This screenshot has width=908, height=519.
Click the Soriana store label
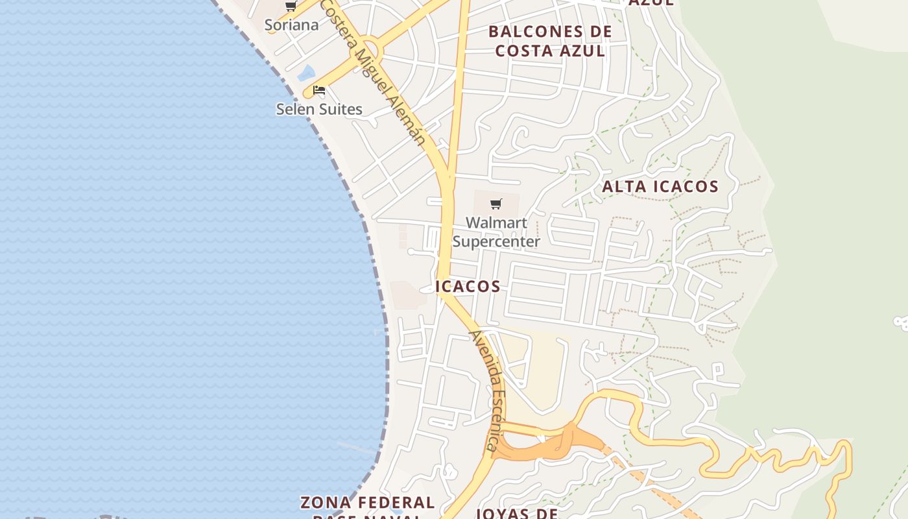tap(291, 25)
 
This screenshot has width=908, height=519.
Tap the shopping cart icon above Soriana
tap(291, 6)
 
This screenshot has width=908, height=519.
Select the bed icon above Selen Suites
tap(319, 90)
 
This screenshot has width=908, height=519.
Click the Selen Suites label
tap(319, 109)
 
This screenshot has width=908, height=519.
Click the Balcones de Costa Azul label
tap(550, 41)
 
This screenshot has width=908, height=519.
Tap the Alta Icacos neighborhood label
tap(660, 187)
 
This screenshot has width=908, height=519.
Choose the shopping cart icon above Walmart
tap(496, 204)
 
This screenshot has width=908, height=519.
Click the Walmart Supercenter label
tap(496, 232)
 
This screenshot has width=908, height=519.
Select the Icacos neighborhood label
tap(468, 287)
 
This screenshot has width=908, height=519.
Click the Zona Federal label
tap(367, 503)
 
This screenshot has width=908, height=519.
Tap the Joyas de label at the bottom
tap(517, 513)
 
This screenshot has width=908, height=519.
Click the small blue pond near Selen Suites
tap(306, 73)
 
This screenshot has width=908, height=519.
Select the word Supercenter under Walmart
tap(496, 242)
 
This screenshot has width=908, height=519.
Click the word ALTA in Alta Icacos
tap(625, 187)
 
